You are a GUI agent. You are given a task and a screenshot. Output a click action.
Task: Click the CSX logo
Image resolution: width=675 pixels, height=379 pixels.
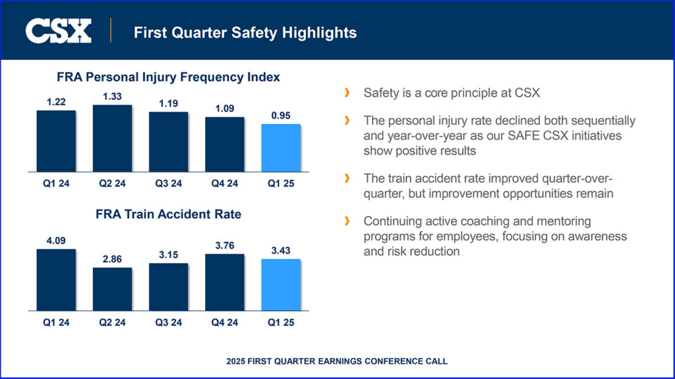pyautogui.click(x=59, y=31)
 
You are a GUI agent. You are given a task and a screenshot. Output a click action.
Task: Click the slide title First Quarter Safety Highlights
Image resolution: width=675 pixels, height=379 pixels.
pyautogui.click(x=245, y=32)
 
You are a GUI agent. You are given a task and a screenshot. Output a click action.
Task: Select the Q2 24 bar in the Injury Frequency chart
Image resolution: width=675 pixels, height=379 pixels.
pyautogui.click(x=112, y=138)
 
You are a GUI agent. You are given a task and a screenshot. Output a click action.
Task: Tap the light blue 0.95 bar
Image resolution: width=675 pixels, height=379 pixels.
pyautogui.click(x=281, y=148)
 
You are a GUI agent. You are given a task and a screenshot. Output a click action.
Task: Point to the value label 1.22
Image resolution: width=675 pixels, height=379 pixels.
pyautogui.click(x=56, y=101)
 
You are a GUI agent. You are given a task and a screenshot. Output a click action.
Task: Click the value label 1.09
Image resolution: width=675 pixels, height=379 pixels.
pyautogui.click(x=225, y=109)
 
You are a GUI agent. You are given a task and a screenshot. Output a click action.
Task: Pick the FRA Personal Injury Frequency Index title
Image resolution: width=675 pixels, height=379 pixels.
pyautogui.click(x=169, y=77)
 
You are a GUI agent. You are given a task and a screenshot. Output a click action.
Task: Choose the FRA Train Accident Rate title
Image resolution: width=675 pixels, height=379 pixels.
pyautogui.click(x=169, y=215)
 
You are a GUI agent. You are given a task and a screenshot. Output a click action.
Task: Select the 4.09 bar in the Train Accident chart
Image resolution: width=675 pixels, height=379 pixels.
pyautogui.click(x=56, y=280)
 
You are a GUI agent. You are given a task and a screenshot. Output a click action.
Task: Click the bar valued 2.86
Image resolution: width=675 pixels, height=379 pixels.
pyautogui.click(x=112, y=289)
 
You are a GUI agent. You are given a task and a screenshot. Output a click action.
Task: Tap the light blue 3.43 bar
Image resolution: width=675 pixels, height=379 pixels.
pyautogui.click(x=281, y=284)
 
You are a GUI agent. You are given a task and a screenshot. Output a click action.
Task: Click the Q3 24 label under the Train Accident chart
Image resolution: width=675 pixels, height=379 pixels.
pyautogui.click(x=168, y=322)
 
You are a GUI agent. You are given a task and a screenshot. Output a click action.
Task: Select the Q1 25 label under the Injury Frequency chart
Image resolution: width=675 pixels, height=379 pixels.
pyautogui.click(x=281, y=184)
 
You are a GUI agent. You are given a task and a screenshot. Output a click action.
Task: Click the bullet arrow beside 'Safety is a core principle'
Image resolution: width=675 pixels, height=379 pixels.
pyautogui.click(x=347, y=93)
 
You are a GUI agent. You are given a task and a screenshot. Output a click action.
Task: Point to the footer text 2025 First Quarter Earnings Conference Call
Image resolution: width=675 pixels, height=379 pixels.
pyautogui.click(x=337, y=361)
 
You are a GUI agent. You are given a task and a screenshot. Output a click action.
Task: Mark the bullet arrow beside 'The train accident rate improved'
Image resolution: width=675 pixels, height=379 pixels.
pyautogui.click(x=347, y=180)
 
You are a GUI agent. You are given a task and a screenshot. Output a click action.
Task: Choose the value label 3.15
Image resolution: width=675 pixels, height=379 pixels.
pyautogui.click(x=168, y=255)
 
